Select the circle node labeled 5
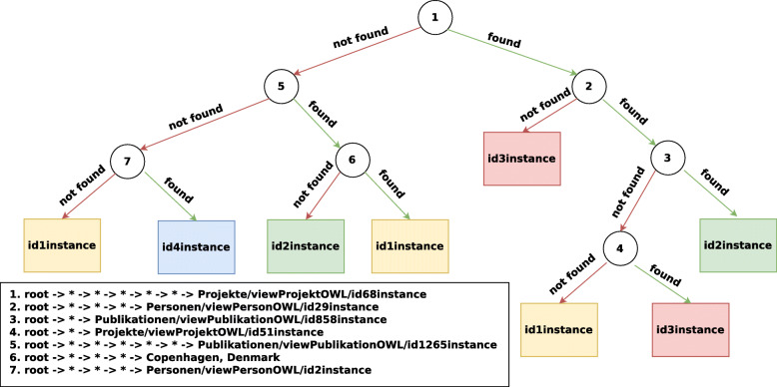282,87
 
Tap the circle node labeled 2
589,87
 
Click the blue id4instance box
197,245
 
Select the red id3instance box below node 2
522,157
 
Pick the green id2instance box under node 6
306,245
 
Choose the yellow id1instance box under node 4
558,330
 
